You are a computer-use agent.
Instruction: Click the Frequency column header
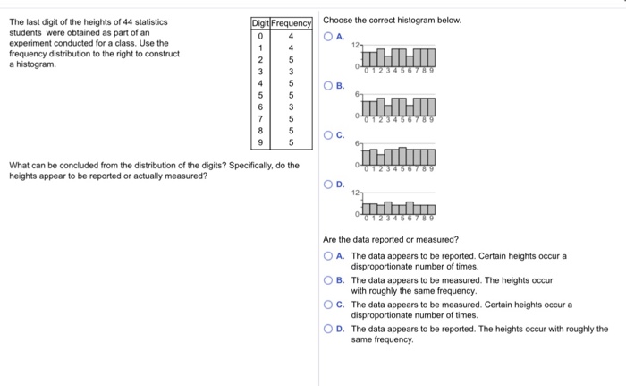pyautogui.click(x=292, y=22)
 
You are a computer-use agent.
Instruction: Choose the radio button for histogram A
pyautogui.click(x=330, y=37)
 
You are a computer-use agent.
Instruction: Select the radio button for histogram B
pyautogui.click(x=330, y=87)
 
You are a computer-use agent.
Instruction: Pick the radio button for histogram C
pyautogui.click(x=330, y=136)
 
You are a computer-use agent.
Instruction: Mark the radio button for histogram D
pyautogui.click(x=330, y=185)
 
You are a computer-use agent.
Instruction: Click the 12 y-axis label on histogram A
pyautogui.click(x=355, y=45)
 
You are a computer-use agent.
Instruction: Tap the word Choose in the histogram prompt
pyautogui.click(x=338, y=20)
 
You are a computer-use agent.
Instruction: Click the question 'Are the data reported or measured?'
pyautogui.click(x=391, y=239)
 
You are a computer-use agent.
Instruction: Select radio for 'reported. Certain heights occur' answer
pyautogui.click(x=330, y=256)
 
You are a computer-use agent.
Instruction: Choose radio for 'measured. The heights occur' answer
pyautogui.click(x=330, y=280)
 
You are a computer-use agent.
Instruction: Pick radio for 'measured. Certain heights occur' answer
pyautogui.click(x=330, y=305)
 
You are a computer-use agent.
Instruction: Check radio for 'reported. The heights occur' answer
pyautogui.click(x=330, y=329)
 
